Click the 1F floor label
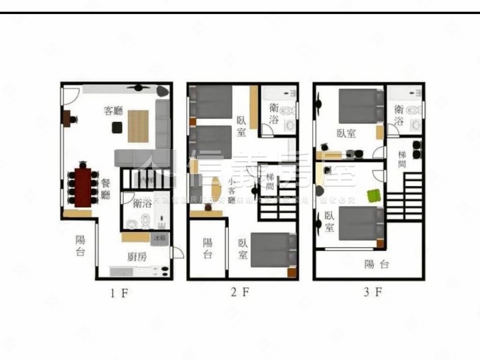coord(119,293)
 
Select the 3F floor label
coord(373,293)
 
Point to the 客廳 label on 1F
coord(113,111)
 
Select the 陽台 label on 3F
coord(376,264)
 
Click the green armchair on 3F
coord(374,195)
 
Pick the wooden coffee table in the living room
coord(138,126)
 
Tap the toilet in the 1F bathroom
coord(145,220)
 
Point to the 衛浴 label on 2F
coord(275,113)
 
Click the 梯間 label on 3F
coord(402,159)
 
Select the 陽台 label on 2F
coord(207,248)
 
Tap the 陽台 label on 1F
coord(80,246)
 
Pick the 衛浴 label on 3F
coord(399,115)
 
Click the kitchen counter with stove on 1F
coord(139,271)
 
